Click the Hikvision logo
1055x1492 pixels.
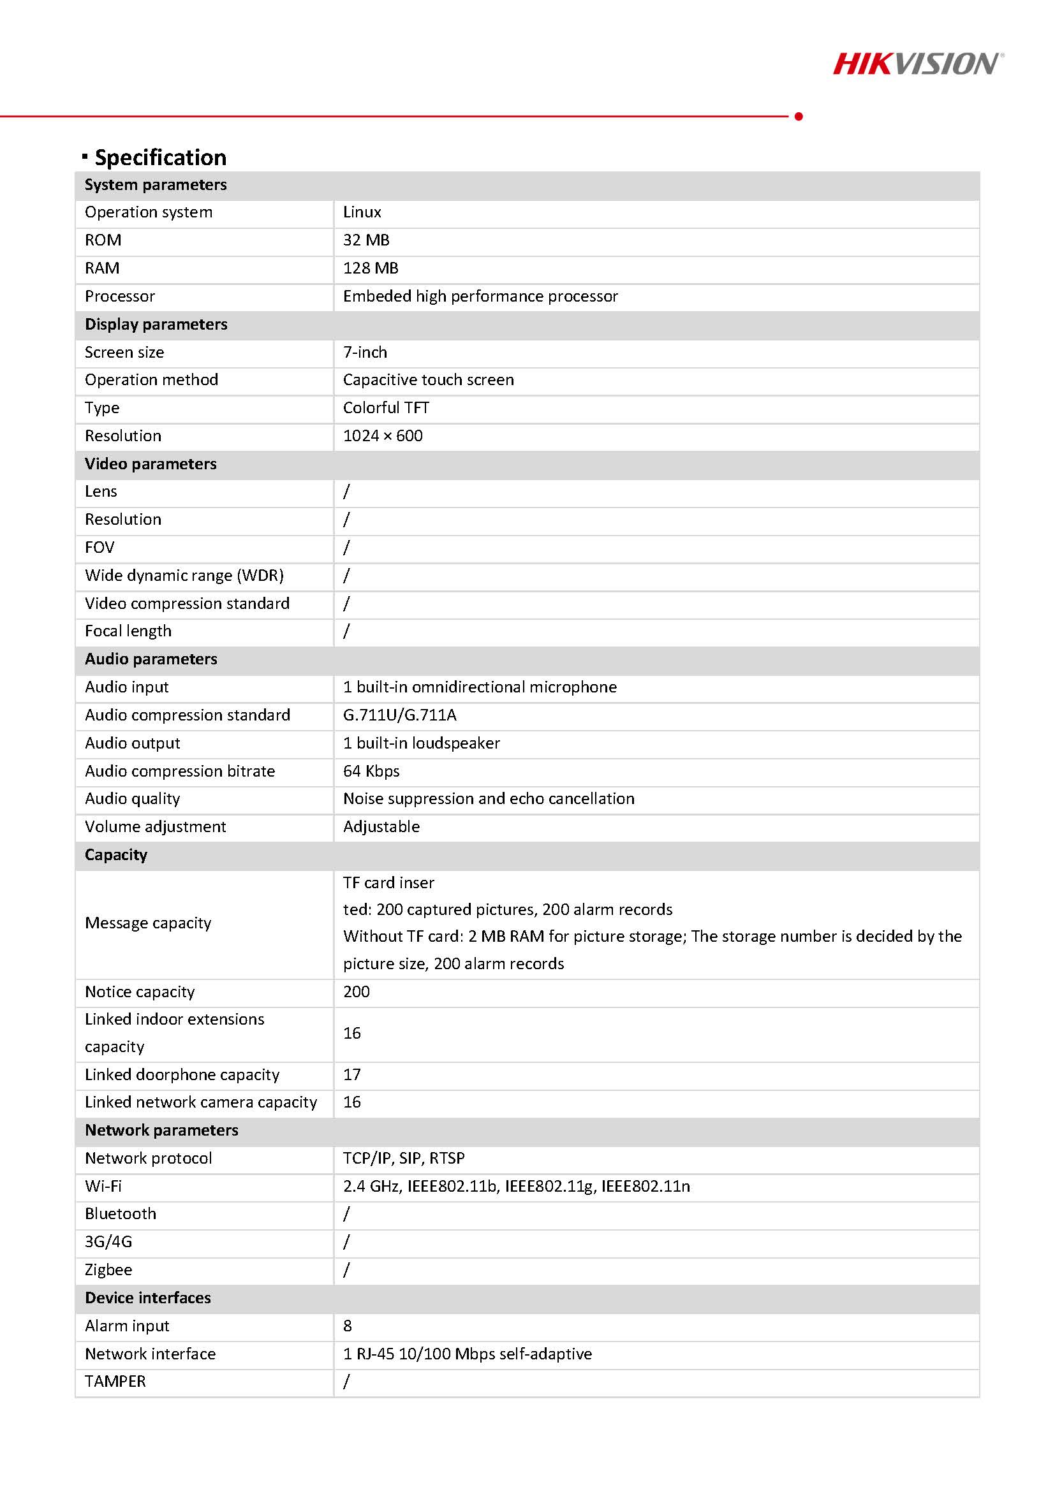coord(917,64)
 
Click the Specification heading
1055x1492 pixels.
coord(160,157)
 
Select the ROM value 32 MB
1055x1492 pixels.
coord(366,240)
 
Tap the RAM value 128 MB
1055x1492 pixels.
coord(371,268)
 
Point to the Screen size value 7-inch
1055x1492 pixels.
coord(365,352)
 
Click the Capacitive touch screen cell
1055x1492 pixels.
coord(429,380)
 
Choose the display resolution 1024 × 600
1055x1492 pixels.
coord(383,436)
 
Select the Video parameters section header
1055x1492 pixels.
coord(151,464)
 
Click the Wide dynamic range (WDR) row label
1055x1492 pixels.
coord(184,576)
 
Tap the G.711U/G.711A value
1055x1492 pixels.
coord(400,715)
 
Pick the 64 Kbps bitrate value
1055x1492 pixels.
coord(371,772)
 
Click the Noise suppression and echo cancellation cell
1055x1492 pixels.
coord(489,799)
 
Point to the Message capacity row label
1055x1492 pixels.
coord(148,923)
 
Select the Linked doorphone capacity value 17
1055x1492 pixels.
coord(351,1075)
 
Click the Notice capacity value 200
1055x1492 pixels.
coord(356,992)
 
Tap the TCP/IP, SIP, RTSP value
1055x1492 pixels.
coord(404,1159)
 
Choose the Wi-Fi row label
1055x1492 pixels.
coord(103,1187)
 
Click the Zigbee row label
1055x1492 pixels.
coord(108,1270)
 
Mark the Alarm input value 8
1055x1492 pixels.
coord(348,1326)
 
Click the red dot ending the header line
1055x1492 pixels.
coord(799,116)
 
